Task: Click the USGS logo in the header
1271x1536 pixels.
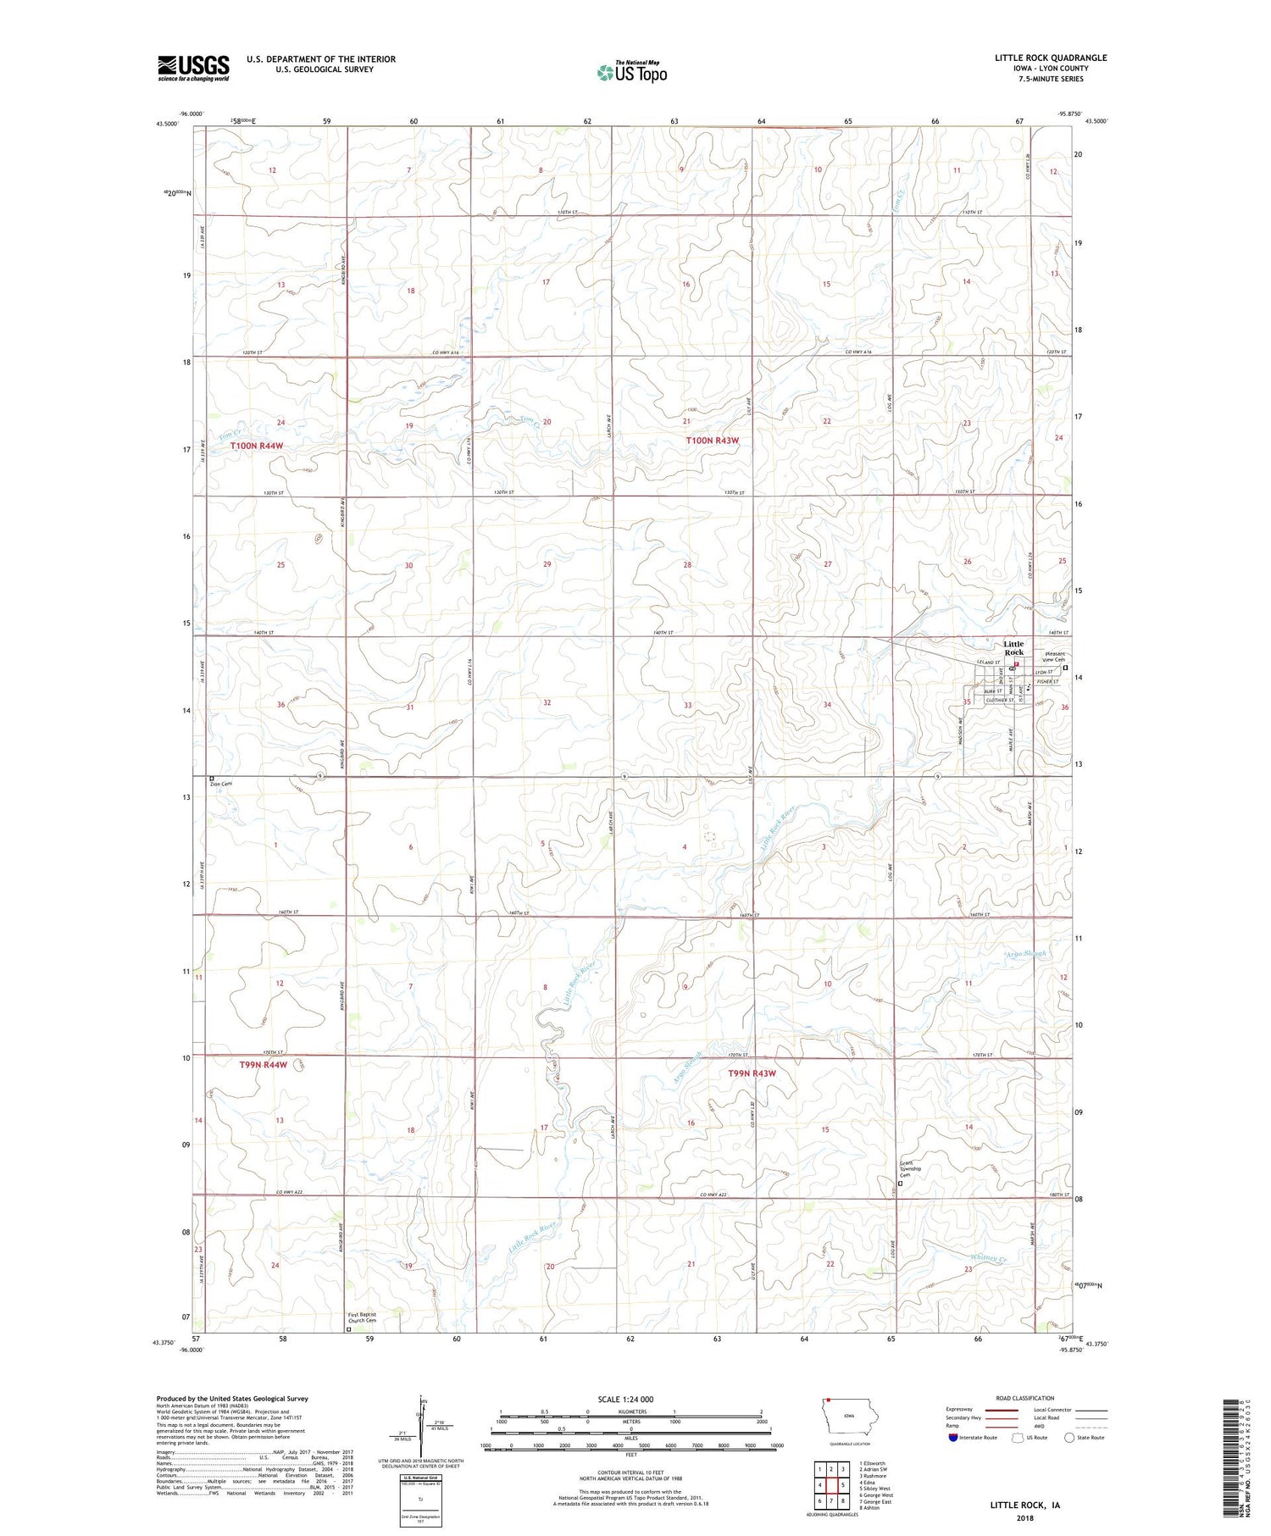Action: coord(193,68)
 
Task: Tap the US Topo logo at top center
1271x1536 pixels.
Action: coord(632,72)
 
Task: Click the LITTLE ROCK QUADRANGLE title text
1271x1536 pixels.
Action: coord(1050,58)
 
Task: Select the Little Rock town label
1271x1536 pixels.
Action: coord(1013,648)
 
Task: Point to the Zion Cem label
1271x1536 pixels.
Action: coord(221,784)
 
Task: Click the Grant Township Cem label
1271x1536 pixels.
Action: coord(911,1170)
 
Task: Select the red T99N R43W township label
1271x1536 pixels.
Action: coord(752,1073)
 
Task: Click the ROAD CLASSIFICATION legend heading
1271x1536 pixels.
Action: coord(1025,1398)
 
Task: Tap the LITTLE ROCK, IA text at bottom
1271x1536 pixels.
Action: coord(1025,1506)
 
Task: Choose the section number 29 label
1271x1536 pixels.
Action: coord(547,564)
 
